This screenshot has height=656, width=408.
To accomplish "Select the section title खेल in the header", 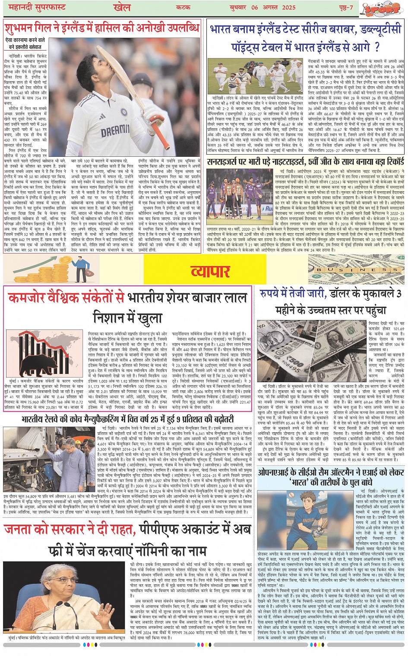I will pyautogui.click(x=121, y=7).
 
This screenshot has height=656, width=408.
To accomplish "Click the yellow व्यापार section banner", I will pyautogui.click(x=210, y=271).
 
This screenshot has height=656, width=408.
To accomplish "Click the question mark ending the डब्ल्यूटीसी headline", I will pyautogui.click(x=376, y=47).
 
